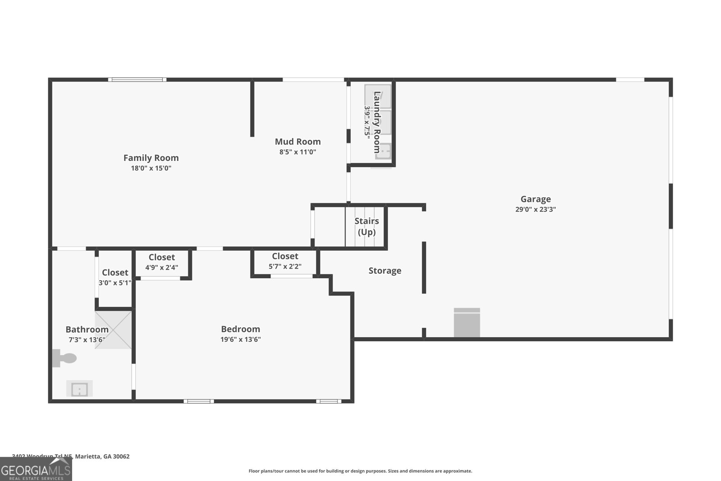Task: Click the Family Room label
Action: coord(151,158)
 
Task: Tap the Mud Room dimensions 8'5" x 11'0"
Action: coord(297,152)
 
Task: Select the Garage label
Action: coord(535,199)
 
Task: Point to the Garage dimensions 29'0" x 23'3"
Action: coord(535,209)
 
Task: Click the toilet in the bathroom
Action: coord(65,358)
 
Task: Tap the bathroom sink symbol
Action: coord(80,389)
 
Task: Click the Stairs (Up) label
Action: coord(366,226)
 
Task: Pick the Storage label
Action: coord(384,270)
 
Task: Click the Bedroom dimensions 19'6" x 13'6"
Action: coord(240,339)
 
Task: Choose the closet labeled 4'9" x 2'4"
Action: coord(161,262)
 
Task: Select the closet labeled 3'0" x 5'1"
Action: coord(115,277)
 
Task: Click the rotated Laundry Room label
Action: coord(377,122)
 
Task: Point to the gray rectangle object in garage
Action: coord(466,323)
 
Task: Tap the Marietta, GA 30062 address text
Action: coord(102,456)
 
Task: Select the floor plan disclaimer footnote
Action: coord(360,471)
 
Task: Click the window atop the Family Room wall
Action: coord(137,80)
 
